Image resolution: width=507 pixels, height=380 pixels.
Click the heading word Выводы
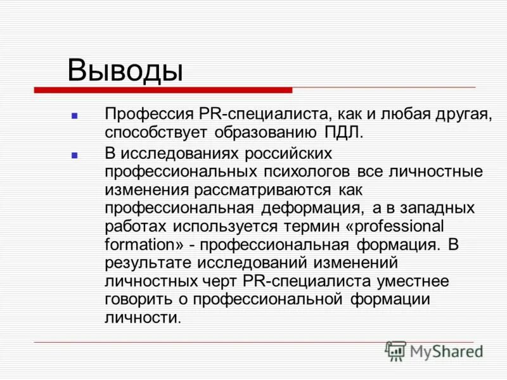(125, 70)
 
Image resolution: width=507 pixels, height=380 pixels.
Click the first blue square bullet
(74, 117)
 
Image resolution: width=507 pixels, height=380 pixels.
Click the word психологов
(309, 172)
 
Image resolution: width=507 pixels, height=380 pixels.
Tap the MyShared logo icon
(395, 351)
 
